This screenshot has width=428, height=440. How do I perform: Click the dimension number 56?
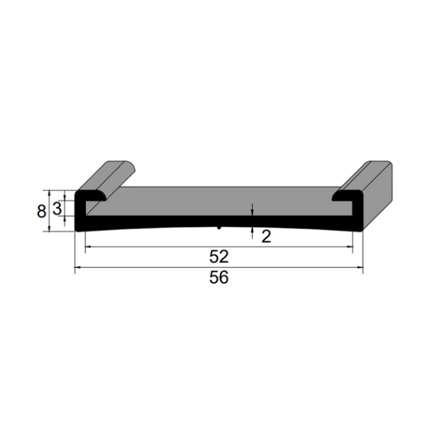point(219,277)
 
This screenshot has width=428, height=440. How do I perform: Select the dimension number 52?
point(219,256)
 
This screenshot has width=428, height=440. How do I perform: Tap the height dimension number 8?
point(41,211)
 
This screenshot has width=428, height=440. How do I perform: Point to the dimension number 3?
point(57,209)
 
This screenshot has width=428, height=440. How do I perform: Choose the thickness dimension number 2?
point(266,236)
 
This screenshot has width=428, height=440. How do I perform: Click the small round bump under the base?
point(219,228)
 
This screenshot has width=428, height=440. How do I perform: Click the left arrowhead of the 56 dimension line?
point(78,267)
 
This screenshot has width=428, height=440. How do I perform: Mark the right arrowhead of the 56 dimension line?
point(360,267)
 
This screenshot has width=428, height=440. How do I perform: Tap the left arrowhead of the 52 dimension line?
point(88,247)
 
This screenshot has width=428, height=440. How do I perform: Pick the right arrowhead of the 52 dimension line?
point(350,247)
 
